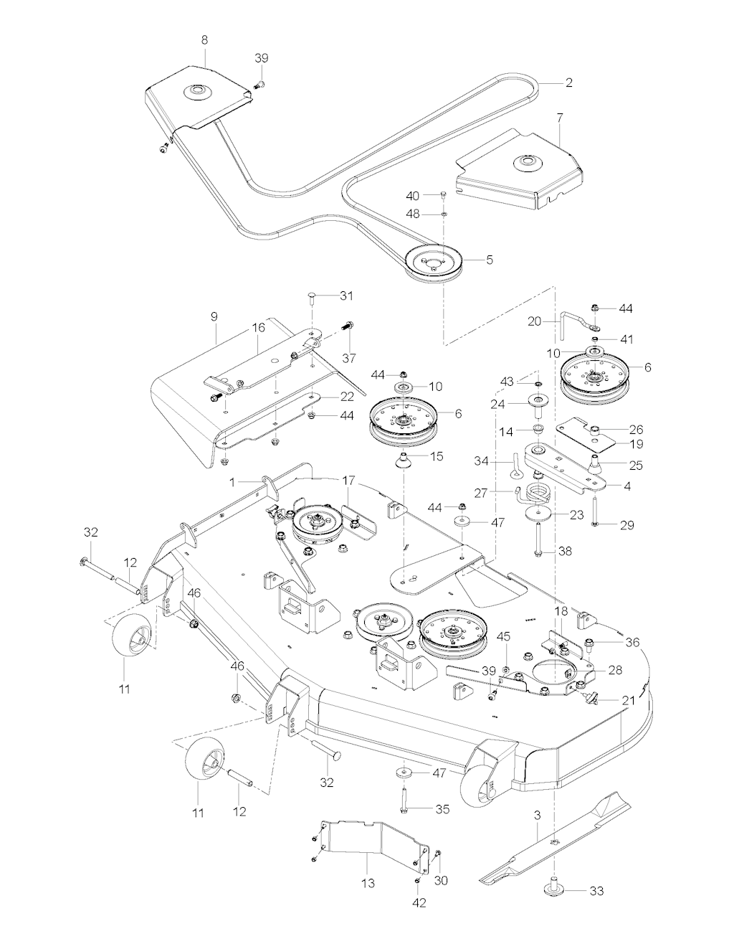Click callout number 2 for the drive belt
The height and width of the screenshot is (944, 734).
(x=568, y=82)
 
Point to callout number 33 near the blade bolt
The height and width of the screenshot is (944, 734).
(x=596, y=891)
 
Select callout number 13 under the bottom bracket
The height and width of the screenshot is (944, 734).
(x=368, y=883)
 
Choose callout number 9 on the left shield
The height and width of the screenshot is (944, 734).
(x=215, y=336)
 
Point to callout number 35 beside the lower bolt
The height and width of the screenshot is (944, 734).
(x=442, y=809)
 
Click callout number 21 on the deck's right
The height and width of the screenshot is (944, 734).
(x=628, y=701)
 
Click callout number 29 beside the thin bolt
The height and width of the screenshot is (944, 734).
(x=626, y=525)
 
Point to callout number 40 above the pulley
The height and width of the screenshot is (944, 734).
(x=412, y=196)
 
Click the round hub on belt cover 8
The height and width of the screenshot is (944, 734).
(x=194, y=93)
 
